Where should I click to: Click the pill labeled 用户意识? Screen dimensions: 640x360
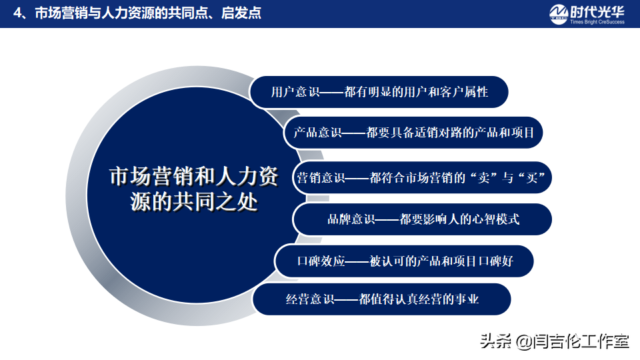click(x=379, y=92)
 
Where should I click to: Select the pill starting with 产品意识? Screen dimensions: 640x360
click(x=413, y=133)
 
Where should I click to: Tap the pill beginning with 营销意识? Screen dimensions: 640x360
click(x=421, y=177)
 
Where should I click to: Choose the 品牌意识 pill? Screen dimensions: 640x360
click(x=423, y=219)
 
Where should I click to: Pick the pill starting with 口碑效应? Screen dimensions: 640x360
click(x=404, y=261)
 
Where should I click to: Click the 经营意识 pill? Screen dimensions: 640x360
click(x=381, y=299)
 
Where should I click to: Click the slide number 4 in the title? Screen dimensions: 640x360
click(x=17, y=13)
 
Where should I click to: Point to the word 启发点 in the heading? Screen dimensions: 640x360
click(x=241, y=13)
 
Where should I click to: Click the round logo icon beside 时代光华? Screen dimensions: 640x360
click(x=559, y=15)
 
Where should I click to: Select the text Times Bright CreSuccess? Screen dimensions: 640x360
click(x=597, y=22)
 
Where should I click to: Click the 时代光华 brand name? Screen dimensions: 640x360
click(x=597, y=11)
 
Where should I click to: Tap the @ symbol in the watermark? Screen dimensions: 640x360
click(x=524, y=341)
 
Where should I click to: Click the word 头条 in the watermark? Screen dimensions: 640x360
click(x=496, y=341)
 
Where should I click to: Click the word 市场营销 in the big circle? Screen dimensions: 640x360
click(x=152, y=177)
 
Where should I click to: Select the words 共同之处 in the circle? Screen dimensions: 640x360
click(x=215, y=202)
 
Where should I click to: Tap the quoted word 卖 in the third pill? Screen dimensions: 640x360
click(x=484, y=178)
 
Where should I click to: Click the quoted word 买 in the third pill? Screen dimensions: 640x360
click(x=532, y=178)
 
